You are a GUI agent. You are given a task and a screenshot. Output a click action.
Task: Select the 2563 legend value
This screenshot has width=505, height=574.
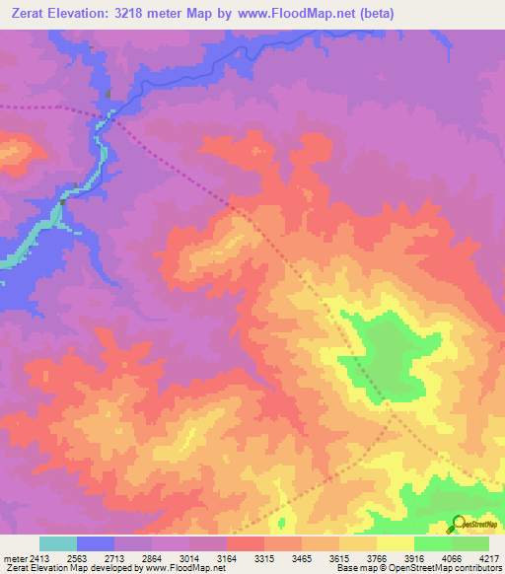[x=77, y=558]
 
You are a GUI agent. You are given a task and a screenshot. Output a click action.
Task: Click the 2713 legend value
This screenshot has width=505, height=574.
[x=114, y=558]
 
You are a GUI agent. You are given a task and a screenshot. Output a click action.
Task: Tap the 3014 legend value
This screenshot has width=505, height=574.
[x=189, y=558]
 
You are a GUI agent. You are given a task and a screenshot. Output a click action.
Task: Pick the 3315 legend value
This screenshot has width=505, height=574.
[x=264, y=558]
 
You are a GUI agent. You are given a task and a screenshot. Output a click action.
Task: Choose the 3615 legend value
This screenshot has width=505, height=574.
[x=339, y=558]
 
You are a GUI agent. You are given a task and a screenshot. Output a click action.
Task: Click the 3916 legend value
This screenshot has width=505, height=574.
[x=414, y=558]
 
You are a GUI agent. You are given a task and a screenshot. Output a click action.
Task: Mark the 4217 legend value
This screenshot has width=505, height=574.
[x=489, y=558]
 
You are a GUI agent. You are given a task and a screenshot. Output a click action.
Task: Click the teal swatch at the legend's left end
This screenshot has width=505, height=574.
[x=58, y=543]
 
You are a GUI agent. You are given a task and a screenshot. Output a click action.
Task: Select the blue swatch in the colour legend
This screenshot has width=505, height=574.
[x=96, y=543]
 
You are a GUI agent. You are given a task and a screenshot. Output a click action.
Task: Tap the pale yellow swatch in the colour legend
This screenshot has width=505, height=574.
[x=396, y=543]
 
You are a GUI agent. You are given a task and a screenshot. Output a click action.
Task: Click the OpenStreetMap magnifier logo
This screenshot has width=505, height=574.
[x=460, y=523]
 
